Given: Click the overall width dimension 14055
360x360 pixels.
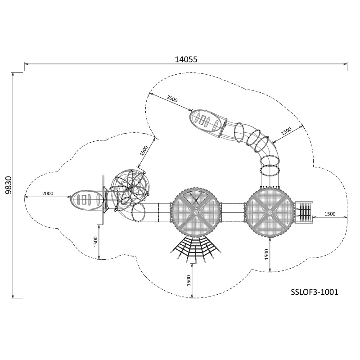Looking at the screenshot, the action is (x=186, y=59).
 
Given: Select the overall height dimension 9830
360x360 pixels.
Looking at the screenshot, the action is (x=8, y=185).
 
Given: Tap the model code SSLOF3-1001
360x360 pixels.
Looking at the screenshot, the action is (x=314, y=292).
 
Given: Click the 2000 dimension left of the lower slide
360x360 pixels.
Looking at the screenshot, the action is (x=48, y=193).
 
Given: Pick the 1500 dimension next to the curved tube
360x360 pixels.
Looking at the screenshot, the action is (x=286, y=131).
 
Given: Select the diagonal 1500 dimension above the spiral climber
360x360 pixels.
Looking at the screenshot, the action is (x=144, y=151).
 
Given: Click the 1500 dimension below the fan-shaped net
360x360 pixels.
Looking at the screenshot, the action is (x=189, y=280).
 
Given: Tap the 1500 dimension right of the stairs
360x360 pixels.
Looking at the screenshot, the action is (x=330, y=214).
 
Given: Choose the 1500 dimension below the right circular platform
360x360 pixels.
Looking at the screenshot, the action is (x=266, y=254).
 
